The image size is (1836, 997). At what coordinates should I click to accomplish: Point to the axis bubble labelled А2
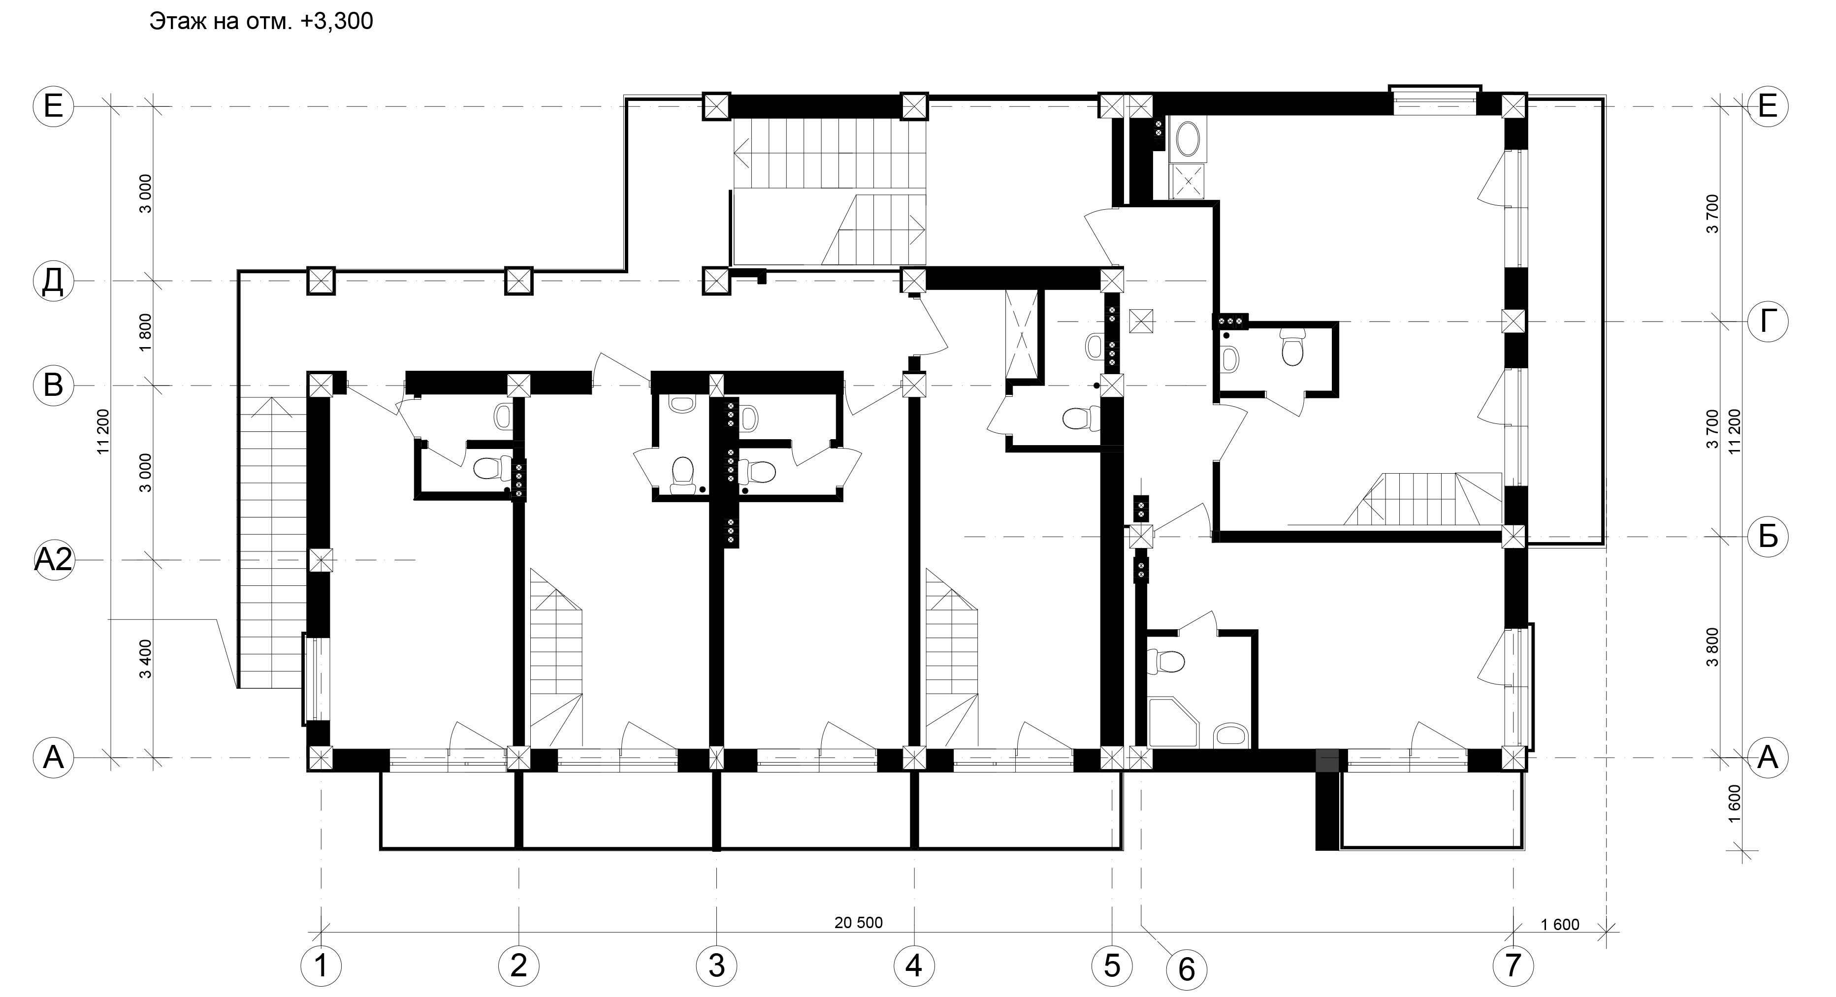pos(54,560)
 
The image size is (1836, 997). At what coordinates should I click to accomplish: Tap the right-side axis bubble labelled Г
pos(1768,322)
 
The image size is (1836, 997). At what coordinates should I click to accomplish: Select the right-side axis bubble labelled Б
pos(1768,536)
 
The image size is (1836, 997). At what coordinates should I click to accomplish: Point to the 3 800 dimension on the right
pos(1713,646)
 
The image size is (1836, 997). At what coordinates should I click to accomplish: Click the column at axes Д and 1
pos(320,281)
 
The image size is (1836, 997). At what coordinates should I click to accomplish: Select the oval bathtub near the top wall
pos(1188,140)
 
